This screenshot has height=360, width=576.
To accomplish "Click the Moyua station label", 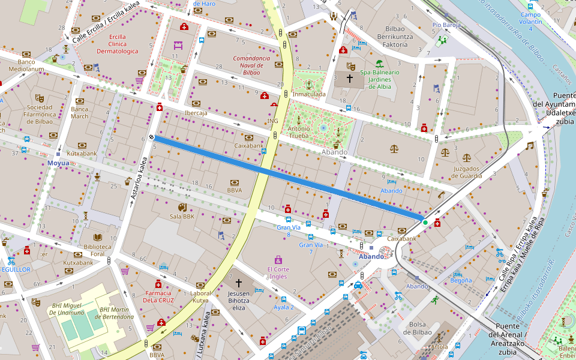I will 59,163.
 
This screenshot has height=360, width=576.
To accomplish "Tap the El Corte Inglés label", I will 278,273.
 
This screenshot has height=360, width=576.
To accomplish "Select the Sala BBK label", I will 182,217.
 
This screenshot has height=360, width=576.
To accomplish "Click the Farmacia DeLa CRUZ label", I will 159,296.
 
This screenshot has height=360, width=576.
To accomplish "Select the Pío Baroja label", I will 446,25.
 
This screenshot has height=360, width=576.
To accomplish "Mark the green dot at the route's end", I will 425,222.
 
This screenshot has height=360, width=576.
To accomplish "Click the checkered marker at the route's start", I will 152,137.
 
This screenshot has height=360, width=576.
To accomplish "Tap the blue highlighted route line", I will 288,177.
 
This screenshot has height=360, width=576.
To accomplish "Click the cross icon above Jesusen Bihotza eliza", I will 238,282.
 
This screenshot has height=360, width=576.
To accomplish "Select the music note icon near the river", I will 529,145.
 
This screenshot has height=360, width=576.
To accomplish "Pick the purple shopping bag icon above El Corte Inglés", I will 278,260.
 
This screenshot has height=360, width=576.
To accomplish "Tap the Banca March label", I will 80,113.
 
